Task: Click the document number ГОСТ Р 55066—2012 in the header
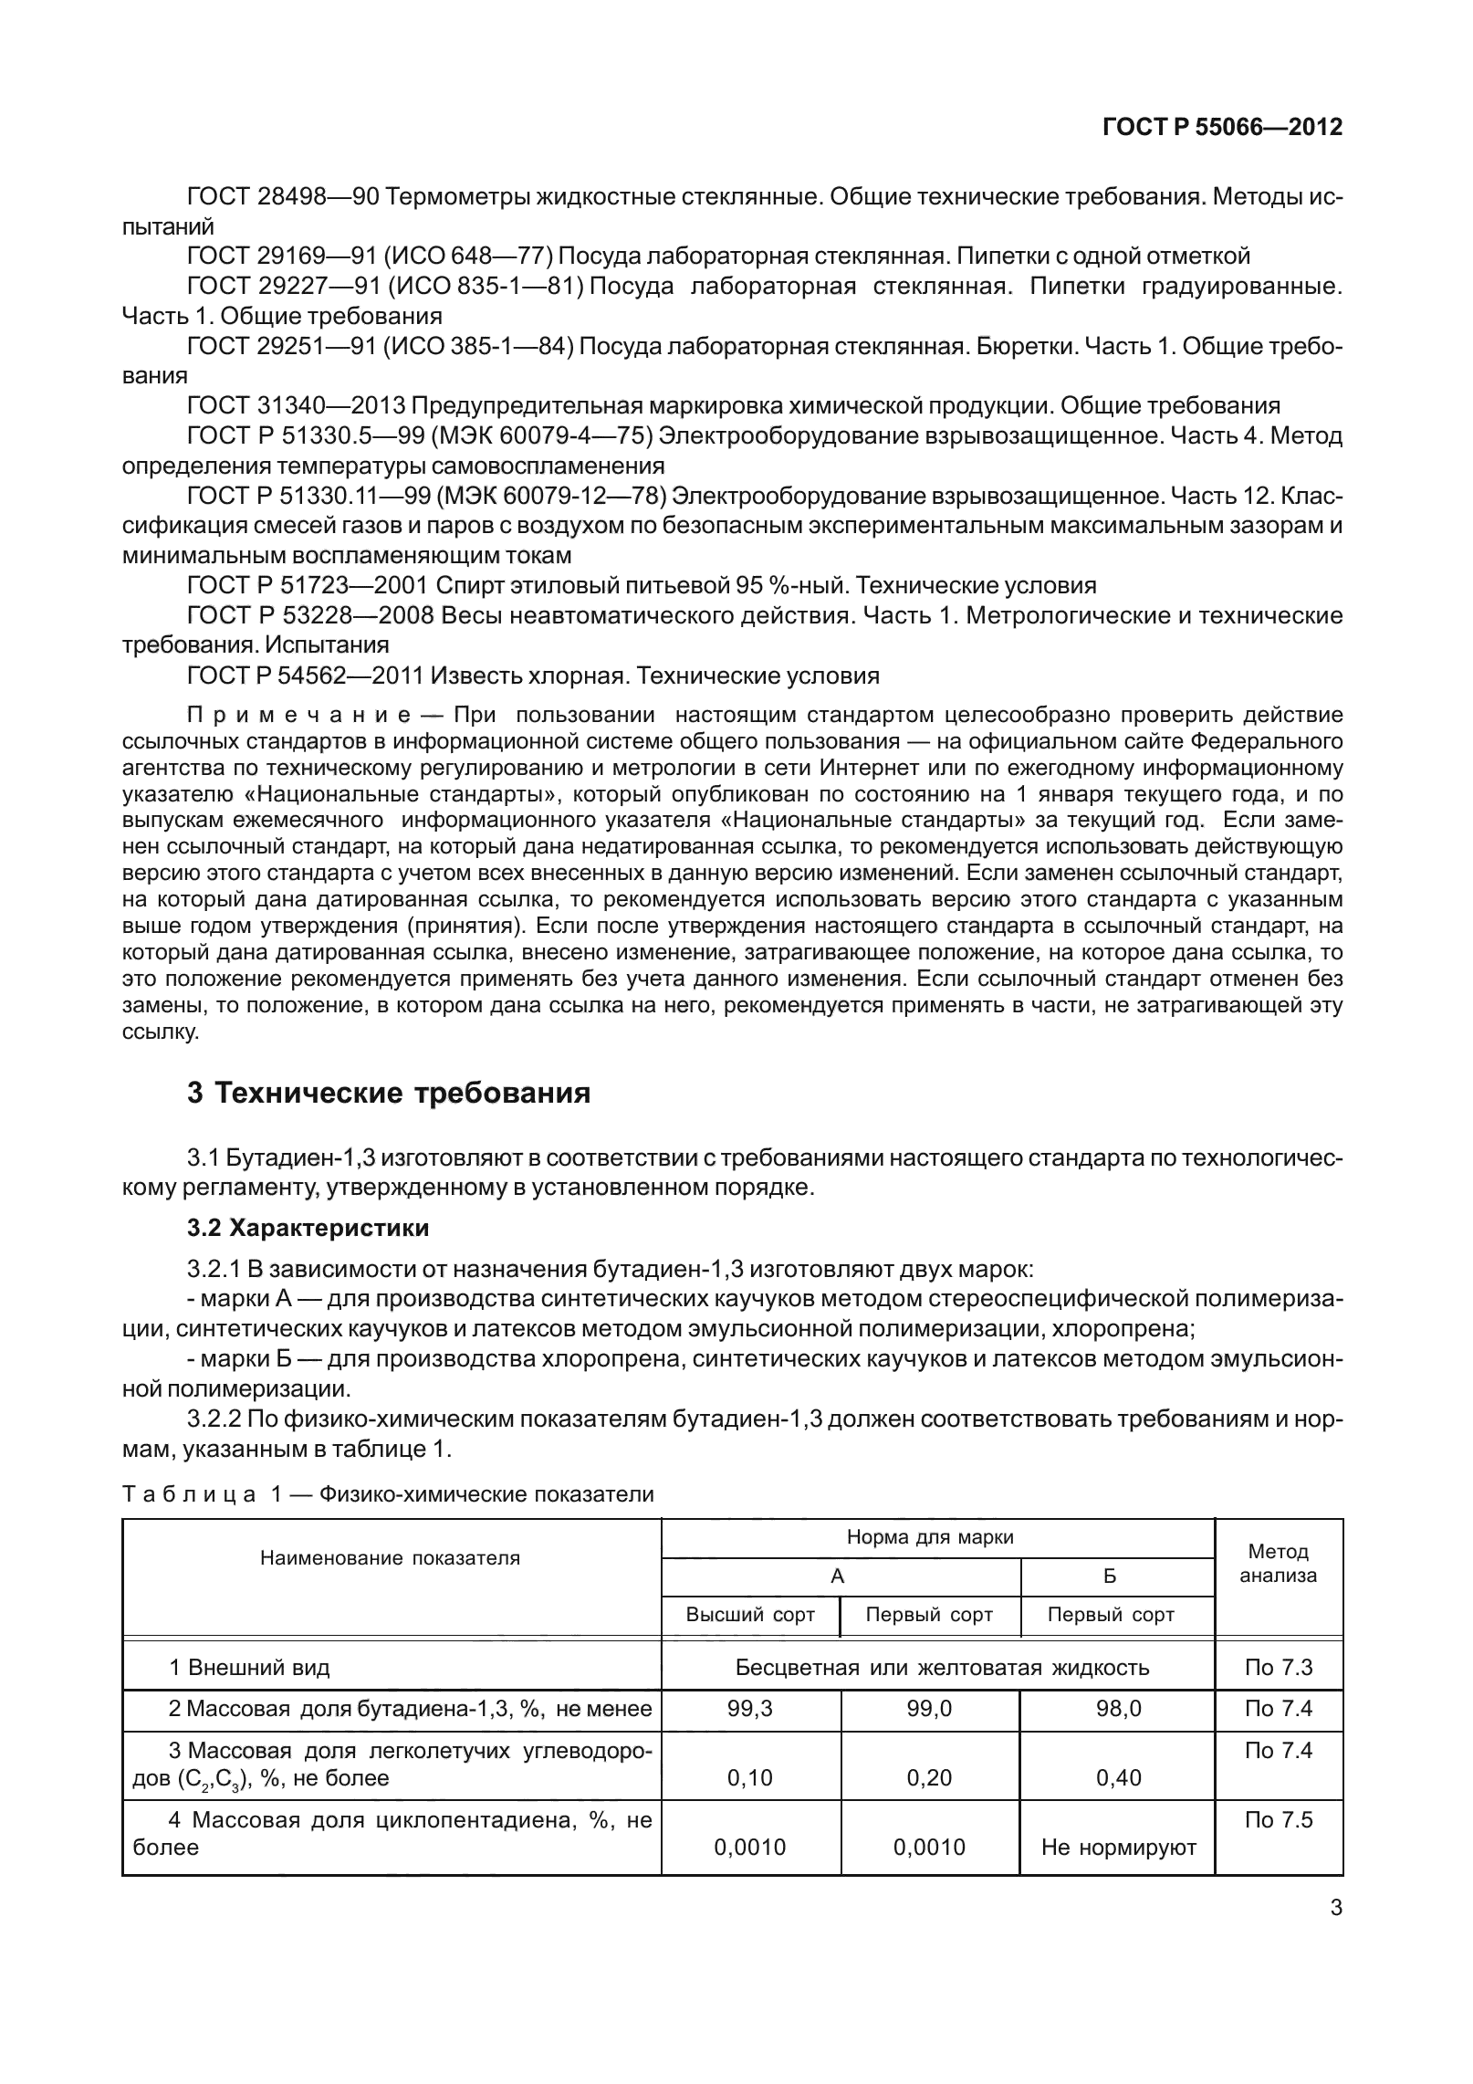point(1222,127)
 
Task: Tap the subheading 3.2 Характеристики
point(308,1228)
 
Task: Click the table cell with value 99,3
point(750,1708)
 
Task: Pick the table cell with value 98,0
point(1118,1708)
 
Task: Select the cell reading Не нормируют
point(1118,1848)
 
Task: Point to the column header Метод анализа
point(1278,1563)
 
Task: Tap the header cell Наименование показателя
point(391,1558)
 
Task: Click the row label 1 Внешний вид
point(249,1667)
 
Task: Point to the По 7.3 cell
point(1278,1667)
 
